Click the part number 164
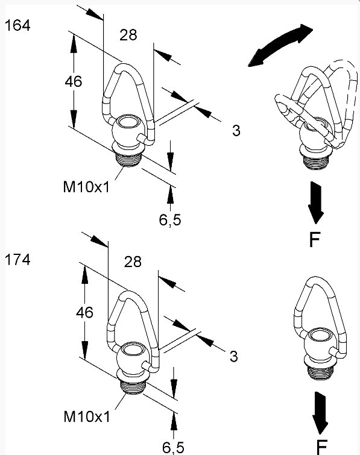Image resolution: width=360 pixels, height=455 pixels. [x=17, y=25]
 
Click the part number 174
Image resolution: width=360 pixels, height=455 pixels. [x=17, y=259]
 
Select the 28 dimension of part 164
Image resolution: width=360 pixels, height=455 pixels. [x=128, y=35]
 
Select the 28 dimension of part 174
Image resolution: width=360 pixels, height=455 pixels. [x=133, y=262]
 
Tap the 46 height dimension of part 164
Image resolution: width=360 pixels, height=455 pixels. [x=73, y=81]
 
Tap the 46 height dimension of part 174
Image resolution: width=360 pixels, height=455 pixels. [x=84, y=313]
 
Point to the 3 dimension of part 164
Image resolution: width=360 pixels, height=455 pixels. [x=236, y=131]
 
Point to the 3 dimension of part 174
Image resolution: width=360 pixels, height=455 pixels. [x=234, y=356]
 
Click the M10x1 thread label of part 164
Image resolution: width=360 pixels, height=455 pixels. [x=86, y=187]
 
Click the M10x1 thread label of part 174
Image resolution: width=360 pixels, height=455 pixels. [x=87, y=416]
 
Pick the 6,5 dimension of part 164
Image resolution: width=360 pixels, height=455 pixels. [x=170, y=219]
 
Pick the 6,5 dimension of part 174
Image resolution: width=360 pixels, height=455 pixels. [x=173, y=447]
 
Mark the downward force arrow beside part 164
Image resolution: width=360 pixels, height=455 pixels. [x=316, y=202]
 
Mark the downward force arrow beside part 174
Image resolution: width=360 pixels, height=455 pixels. [x=320, y=413]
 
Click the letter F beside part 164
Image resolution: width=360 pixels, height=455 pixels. [x=315, y=239]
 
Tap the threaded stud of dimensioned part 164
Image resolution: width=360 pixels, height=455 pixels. [x=128, y=158]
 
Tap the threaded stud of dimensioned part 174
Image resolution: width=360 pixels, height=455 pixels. [x=133, y=386]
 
